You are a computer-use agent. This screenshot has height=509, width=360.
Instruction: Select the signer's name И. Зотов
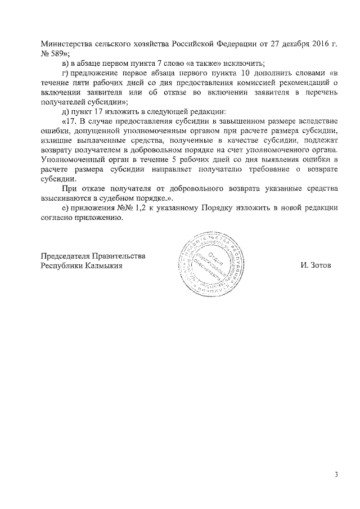[x=316, y=266]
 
